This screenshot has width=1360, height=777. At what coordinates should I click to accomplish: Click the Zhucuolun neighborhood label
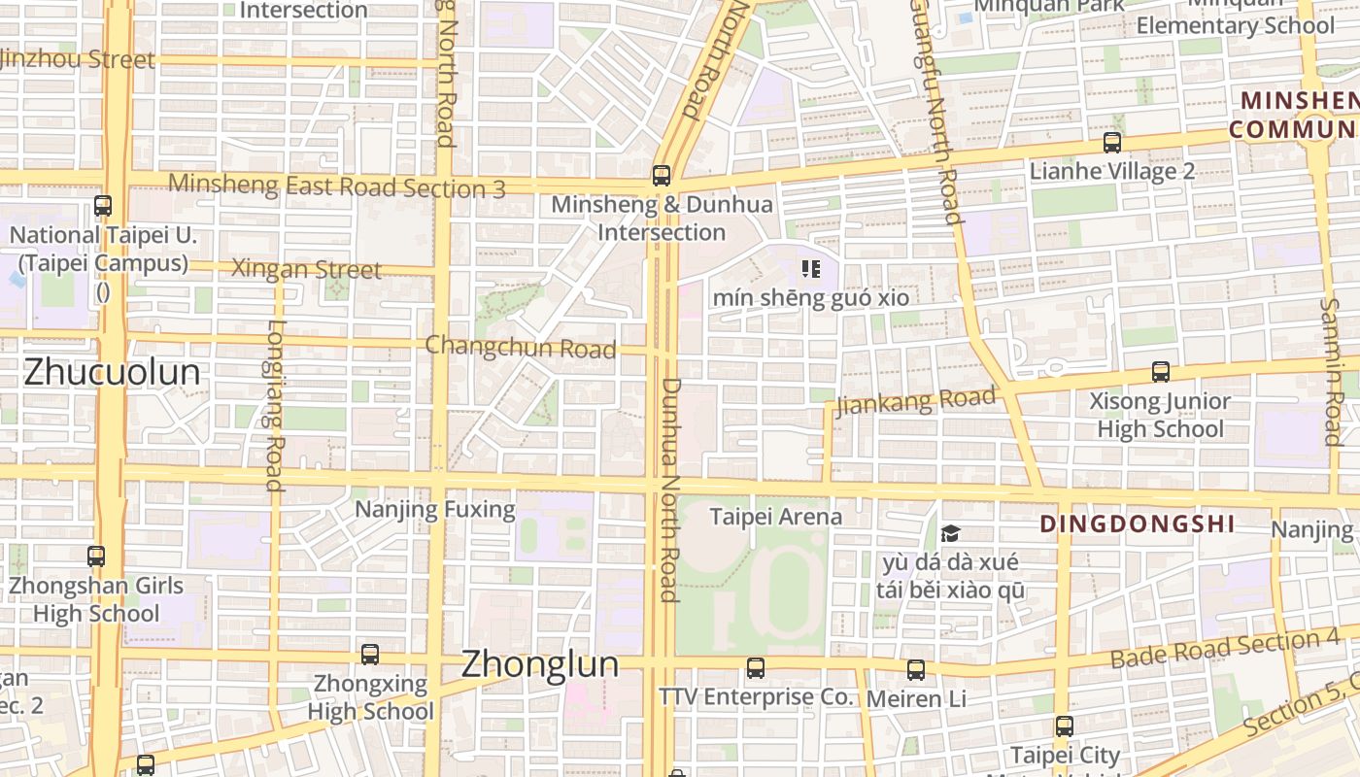[112, 372]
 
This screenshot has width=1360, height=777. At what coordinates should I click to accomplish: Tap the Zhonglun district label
[539, 664]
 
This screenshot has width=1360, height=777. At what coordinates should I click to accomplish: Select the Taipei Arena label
[776, 517]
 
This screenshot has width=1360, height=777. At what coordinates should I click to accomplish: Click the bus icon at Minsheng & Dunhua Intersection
[662, 176]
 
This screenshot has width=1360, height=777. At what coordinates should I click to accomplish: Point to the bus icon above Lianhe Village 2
[1112, 143]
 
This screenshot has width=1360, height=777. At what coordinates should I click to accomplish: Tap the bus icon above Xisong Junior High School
[1160, 372]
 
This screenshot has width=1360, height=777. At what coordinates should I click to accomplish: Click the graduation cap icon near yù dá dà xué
[950, 533]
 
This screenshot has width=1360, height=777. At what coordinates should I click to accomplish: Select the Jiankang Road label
[916, 400]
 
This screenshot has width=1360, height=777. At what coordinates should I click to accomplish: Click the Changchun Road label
[521, 347]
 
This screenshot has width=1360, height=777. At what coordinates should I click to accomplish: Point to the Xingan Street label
[306, 269]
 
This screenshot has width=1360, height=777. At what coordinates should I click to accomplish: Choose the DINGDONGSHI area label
[1138, 524]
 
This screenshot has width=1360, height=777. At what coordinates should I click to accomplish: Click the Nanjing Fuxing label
[434, 509]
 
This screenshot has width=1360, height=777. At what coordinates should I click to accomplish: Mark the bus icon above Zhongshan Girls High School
[96, 557]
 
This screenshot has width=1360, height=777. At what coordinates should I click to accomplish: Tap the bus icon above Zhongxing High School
[370, 655]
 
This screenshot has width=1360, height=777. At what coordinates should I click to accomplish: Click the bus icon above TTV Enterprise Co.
[756, 668]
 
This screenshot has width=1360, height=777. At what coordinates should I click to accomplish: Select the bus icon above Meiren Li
[916, 670]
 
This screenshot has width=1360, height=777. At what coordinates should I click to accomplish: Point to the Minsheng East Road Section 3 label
[336, 186]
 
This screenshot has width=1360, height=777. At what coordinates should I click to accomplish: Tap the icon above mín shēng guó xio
[811, 269]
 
